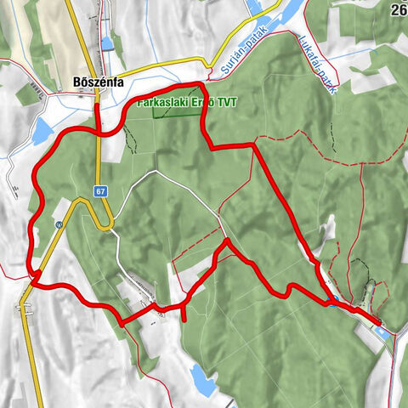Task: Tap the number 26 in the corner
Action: (399, 10)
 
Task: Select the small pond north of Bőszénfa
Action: (107, 42)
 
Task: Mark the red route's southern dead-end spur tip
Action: (183, 320)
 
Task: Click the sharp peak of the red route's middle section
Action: (227, 242)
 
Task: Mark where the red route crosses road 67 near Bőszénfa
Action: (99, 132)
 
